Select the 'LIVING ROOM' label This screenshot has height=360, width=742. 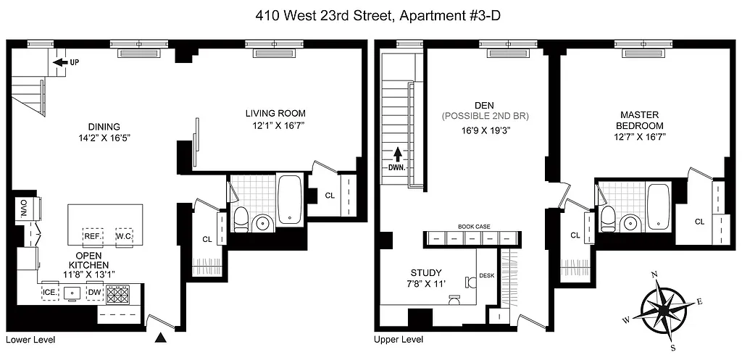click(x=275, y=113)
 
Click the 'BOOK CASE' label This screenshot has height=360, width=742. click(x=473, y=227)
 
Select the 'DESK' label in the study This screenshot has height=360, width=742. click(x=487, y=275)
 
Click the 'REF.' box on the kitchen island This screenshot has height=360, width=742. click(x=92, y=235)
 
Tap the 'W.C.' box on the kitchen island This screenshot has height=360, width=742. click(x=122, y=235)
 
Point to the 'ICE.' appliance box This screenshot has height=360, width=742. click(x=50, y=292)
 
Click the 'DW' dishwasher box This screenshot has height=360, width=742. click(x=94, y=292)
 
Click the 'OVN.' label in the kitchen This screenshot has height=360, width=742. click(x=22, y=208)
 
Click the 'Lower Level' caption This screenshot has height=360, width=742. click(x=30, y=339)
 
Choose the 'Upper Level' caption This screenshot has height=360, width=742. click(x=399, y=339)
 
